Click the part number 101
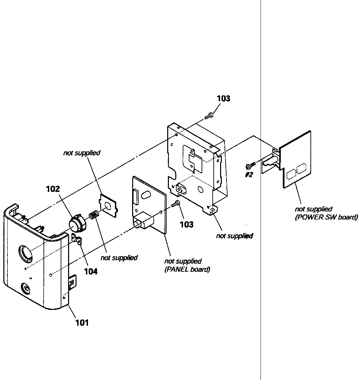click(82, 323)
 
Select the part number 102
click(53, 189)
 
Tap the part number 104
click(91, 271)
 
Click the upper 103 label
click(223, 98)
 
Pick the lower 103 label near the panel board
click(186, 224)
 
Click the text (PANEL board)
click(187, 269)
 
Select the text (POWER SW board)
click(326, 217)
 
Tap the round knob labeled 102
click(77, 224)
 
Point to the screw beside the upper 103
click(209, 116)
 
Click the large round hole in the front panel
click(26, 253)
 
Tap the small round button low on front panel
click(26, 288)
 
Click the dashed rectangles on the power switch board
click(296, 172)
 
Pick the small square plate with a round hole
click(108, 206)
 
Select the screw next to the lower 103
click(176, 203)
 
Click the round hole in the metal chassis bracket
click(201, 190)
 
